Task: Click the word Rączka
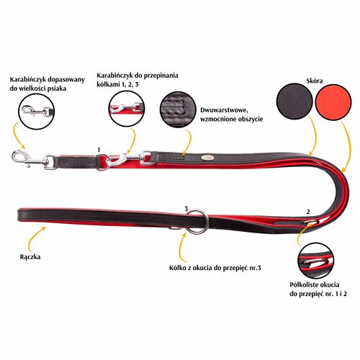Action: (30, 257)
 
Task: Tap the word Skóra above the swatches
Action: (315, 81)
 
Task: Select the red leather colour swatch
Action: (333, 102)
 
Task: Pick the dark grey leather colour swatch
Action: (294, 102)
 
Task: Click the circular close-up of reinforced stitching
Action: (179, 109)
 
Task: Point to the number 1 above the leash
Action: (99, 150)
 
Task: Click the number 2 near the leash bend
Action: (308, 212)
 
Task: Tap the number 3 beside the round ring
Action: (186, 209)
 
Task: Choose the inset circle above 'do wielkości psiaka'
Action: (37, 112)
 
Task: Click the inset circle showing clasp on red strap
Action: (127, 109)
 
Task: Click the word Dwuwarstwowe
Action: (224, 110)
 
